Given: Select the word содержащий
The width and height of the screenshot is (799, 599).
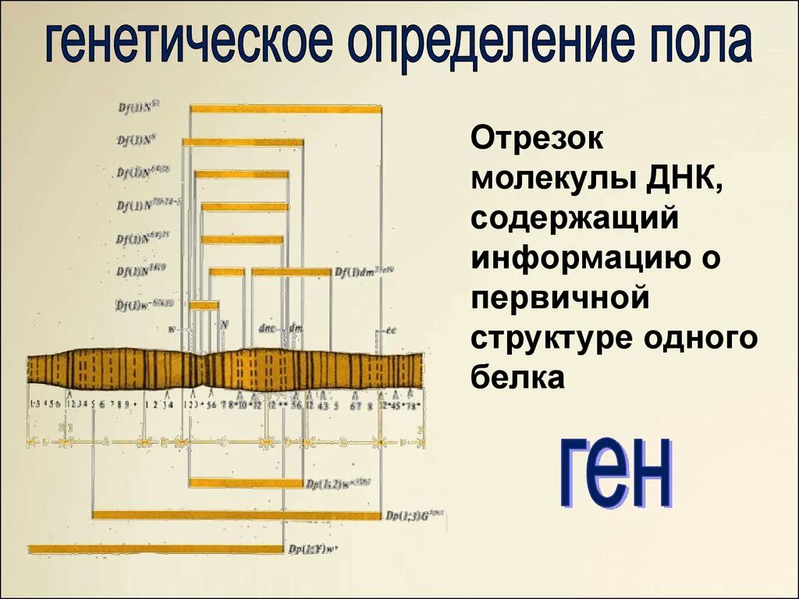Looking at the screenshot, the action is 574,220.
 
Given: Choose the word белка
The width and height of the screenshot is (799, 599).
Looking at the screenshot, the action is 517,378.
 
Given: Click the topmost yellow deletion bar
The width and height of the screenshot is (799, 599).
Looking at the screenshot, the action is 286,109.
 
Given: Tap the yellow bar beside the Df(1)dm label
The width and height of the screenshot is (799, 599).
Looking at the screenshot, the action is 291,272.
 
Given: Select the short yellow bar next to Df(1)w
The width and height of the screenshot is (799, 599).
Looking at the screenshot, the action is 204,306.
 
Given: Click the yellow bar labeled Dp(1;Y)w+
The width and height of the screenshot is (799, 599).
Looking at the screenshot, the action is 155,549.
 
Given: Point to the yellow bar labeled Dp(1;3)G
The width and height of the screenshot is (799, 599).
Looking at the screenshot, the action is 236,515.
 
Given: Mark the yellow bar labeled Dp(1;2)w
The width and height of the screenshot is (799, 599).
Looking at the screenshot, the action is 246,483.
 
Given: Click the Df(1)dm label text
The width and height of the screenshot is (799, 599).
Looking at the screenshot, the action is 364,271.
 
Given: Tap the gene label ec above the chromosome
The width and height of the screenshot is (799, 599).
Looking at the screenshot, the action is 389,330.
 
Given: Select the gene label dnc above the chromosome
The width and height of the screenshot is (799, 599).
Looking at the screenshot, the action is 265,328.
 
